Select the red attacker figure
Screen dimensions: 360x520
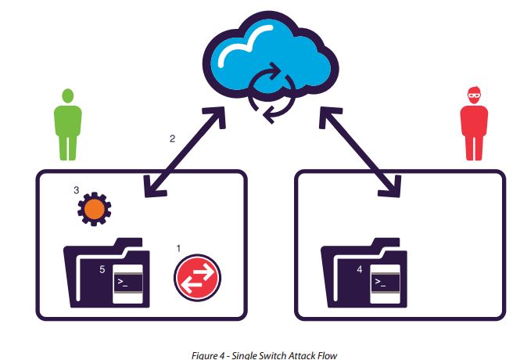pyautogui.click(x=474, y=125)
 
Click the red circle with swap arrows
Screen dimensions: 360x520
pyautogui.click(x=197, y=277)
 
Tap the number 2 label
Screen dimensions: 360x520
pyautogui.click(x=172, y=139)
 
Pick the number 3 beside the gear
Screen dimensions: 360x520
pyautogui.click(x=76, y=190)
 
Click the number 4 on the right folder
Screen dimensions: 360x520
pyautogui.click(x=359, y=270)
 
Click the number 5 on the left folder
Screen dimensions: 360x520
pyautogui.click(x=102, y=269)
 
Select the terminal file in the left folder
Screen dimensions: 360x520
pyautogui.click(x=127, y=283)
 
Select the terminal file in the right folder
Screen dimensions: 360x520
pyautogui.click(x=385, y=283)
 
